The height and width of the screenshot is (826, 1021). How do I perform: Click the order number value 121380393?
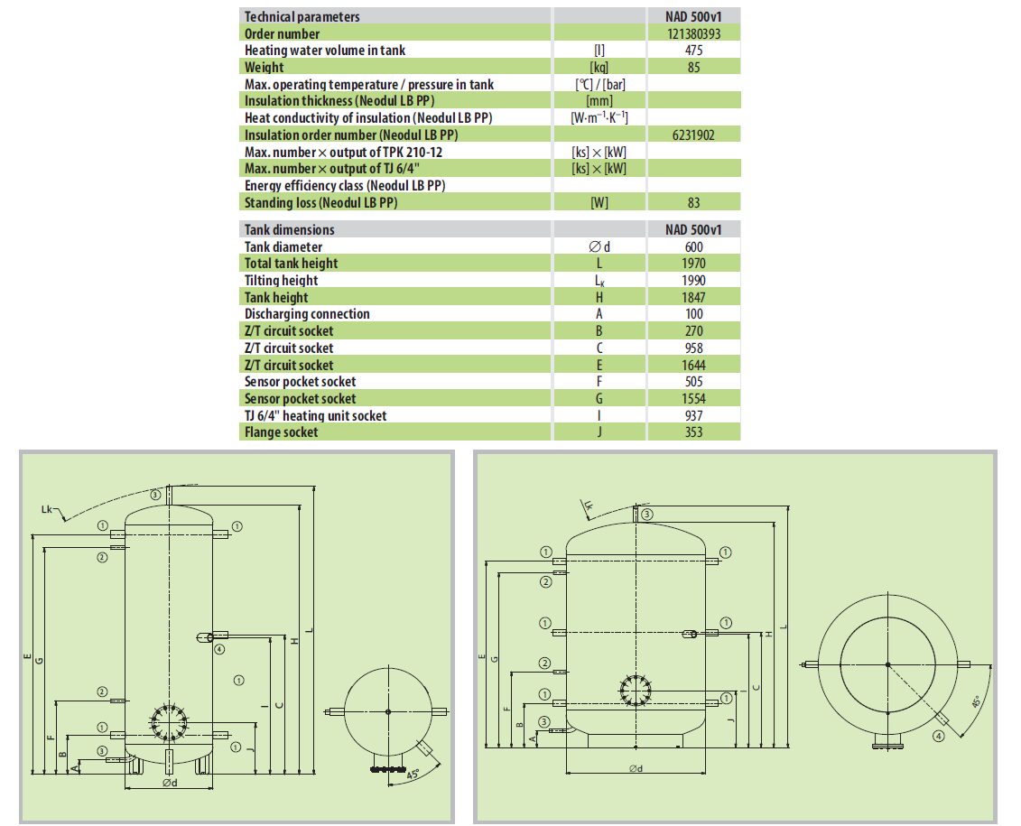(693, 33)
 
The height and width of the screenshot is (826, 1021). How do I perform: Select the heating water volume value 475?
(693, 51)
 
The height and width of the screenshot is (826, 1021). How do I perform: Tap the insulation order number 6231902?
(693, 135)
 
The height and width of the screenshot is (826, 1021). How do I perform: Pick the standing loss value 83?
(693, 202)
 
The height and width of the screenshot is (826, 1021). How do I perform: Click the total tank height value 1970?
(693, 263)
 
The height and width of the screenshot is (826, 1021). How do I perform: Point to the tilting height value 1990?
(693, 280)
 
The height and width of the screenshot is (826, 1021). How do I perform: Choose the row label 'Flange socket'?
(282, 432)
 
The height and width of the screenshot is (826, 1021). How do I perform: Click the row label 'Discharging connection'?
(307, 314)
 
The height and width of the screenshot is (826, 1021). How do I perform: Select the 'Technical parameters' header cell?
(302, 16)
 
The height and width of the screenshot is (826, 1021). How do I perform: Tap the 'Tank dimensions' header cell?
(289, 229)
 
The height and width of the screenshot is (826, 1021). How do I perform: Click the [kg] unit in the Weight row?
(599, 68)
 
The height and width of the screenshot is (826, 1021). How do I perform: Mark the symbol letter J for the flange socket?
(599, 432)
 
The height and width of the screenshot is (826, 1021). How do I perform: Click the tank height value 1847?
(693, 297)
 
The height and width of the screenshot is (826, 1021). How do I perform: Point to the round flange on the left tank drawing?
(168, 722)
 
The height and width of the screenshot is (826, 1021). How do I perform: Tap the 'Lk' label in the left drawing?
(50, 511)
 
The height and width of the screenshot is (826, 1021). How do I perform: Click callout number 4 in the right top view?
(939, 736)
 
